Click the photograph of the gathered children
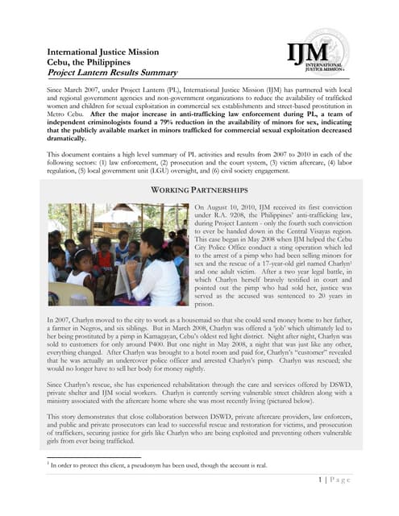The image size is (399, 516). (x=118, y=252)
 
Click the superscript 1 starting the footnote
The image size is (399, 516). (x=50, y=464)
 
